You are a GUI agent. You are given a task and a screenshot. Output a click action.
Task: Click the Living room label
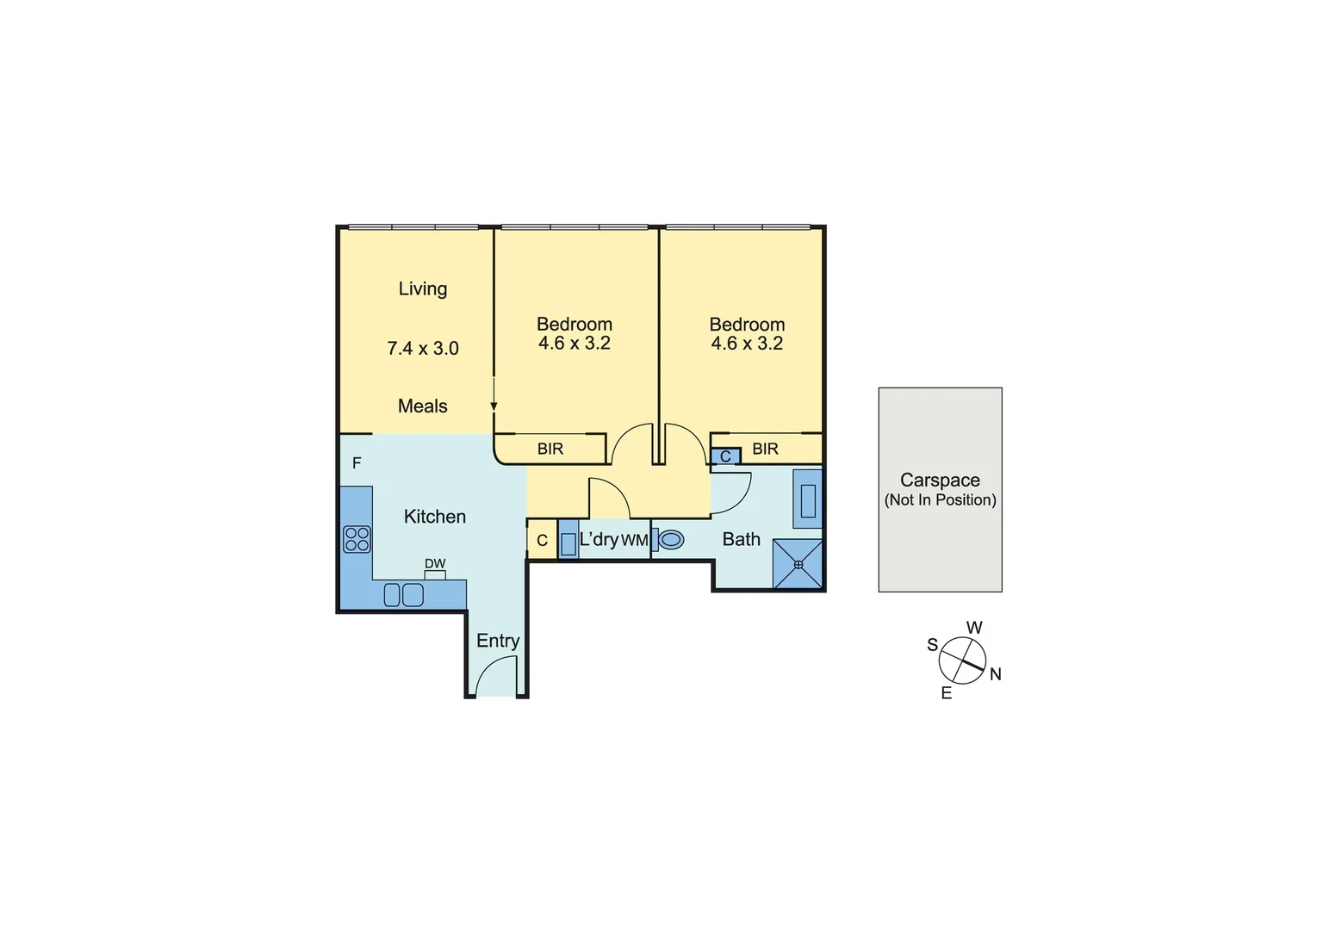422,289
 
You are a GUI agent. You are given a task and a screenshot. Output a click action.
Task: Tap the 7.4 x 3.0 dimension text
422,349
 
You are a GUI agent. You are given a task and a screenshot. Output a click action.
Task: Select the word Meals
422,406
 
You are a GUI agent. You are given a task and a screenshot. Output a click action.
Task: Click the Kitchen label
434,517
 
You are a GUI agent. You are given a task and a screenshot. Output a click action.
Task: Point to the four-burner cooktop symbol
357,539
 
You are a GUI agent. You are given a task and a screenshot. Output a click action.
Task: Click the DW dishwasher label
435,564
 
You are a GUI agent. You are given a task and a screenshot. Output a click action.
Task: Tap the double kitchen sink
403,595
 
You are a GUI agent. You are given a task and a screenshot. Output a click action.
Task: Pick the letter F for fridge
357,463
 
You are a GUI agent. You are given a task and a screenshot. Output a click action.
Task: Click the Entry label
498,641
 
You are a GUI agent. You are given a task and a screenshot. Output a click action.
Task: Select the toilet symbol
669,540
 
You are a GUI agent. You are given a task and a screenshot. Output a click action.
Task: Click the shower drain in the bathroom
798,565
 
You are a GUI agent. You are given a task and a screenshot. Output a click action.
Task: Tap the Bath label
741,540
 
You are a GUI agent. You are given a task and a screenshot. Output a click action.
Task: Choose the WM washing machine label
634,541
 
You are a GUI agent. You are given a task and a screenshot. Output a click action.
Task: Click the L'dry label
599,540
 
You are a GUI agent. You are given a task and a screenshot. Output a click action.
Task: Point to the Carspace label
940,480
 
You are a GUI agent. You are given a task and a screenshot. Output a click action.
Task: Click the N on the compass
996,674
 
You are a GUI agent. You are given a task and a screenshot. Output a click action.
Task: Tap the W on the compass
974,628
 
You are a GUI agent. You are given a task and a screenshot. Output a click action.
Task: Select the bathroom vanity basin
808,500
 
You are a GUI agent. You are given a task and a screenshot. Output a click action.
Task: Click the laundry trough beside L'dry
568,543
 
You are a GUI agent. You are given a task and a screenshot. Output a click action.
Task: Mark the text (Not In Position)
940,500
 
